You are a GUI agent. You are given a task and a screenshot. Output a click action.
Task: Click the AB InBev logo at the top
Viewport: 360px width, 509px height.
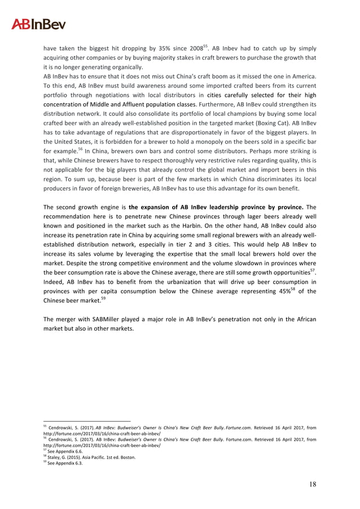click(x=39, y=24)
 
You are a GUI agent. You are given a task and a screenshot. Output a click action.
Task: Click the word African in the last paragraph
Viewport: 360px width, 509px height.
click(x=304, y=319)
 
